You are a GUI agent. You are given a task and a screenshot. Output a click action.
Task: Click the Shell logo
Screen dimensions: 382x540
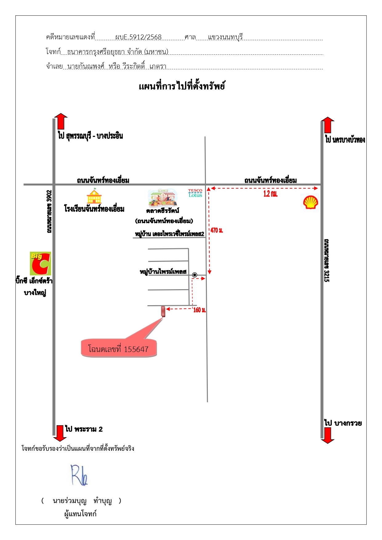click(310, 202)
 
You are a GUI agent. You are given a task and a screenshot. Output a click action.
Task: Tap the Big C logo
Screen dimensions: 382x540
click(40, 263)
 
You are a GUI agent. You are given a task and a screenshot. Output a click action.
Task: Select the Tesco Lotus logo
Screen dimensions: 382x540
click(195, 193)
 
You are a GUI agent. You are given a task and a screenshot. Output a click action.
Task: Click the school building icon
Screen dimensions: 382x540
click(94, 196)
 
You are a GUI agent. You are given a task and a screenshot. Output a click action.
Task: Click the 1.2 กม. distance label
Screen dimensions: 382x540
click(270, 194)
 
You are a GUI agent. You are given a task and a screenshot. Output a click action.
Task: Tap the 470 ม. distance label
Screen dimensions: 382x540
click(217, 230)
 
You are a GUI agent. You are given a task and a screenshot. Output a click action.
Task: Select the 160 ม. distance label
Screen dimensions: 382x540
click(199, 310)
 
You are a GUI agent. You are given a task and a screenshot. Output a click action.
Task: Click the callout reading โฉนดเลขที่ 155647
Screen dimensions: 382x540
click(119, 348)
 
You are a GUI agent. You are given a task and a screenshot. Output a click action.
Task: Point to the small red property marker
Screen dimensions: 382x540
click(163, 311)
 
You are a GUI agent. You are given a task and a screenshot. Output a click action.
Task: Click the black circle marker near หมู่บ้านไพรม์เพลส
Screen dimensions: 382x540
click(195, 275)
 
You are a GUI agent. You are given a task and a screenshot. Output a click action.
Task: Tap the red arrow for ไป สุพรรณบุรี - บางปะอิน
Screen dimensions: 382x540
click(61, 121)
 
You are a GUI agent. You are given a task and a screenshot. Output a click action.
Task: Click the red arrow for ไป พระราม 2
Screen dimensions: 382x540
click(60, 433)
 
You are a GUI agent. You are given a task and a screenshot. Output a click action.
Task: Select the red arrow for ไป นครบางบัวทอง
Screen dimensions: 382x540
click(328, 125)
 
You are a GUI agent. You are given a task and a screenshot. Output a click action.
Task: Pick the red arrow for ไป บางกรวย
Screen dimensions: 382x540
click(328, 435)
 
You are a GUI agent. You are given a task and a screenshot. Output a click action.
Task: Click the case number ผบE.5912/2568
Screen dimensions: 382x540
click(138, 37)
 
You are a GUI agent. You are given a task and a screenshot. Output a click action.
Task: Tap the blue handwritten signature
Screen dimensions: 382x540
click(79, 475)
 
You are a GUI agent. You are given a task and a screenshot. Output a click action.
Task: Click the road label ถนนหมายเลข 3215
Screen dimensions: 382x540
click(327, 260)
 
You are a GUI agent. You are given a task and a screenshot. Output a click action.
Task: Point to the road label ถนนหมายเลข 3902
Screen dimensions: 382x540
click(49, 212)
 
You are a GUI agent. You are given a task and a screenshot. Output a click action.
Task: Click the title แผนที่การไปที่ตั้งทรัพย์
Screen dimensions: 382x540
click(182, 86)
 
